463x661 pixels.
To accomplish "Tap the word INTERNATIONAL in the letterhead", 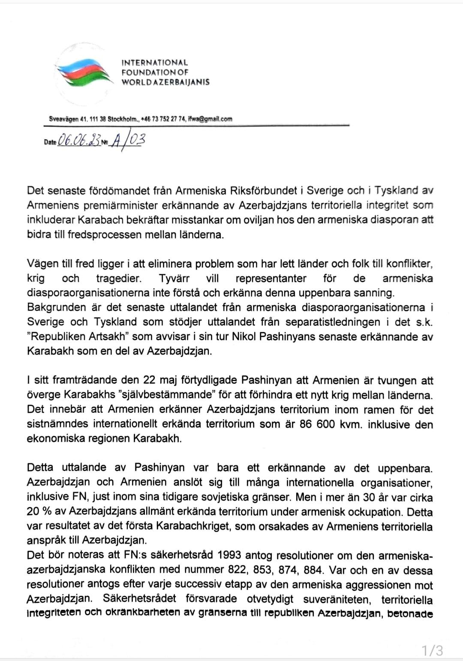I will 154,63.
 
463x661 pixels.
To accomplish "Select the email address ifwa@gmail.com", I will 210,119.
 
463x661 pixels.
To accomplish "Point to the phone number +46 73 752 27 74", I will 161,119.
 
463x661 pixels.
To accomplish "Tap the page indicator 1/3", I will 432,650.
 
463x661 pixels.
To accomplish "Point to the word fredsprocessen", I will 101,235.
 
